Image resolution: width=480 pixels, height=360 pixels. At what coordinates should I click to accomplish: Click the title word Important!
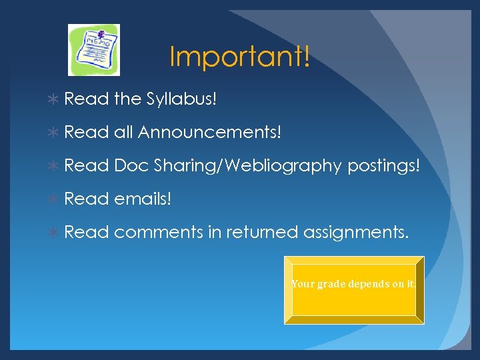tap(239, 57)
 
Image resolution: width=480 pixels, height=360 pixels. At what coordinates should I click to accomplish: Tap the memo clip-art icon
tap(94, 50)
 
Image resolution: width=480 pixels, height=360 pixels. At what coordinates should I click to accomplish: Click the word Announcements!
tap(210, 133)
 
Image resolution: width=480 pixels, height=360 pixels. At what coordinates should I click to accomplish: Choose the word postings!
tap(384, 166)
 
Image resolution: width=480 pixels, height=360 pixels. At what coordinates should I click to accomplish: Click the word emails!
tap(143, 199)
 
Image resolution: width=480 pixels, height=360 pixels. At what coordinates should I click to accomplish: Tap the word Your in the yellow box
tap(303, 284)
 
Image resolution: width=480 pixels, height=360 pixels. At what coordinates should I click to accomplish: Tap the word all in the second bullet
tap(123, 133)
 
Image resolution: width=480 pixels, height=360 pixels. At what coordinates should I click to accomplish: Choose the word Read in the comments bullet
tap(87, 232)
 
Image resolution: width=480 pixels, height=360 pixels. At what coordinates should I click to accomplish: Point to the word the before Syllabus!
tap(127, 99)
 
